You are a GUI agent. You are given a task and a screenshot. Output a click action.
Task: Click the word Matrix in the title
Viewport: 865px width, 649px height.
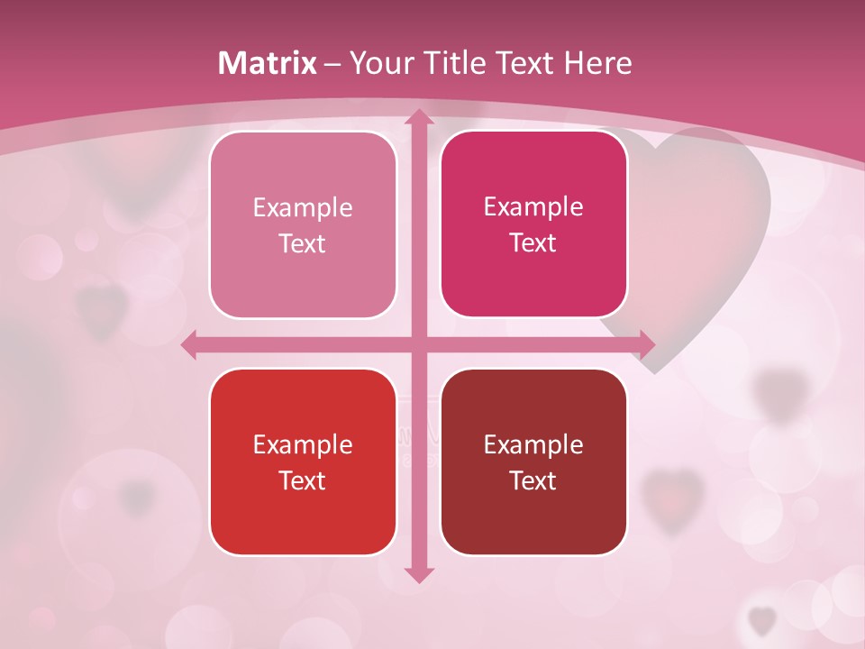click(268, 63)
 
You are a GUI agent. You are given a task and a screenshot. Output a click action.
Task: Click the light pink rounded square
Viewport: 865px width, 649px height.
click(303, 224)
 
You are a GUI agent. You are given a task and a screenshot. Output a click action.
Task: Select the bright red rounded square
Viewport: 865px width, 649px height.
click(303, 462)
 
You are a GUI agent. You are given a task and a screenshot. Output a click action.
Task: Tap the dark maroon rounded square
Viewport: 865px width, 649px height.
click(533, 462)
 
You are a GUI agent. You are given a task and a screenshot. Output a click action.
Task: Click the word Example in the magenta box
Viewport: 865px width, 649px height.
click(533, 207)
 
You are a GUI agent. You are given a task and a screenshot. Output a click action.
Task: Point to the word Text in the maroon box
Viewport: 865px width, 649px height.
click(533, 480)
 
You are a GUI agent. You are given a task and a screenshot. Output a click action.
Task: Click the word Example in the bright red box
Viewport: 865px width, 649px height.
click(303, 444)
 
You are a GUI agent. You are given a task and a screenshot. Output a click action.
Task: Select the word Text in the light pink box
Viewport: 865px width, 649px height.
click(303, 243)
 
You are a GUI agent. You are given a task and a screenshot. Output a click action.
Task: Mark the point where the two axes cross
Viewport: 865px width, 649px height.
click(418, 344)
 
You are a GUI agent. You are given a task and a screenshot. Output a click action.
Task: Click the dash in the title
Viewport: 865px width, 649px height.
click(332, 63)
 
